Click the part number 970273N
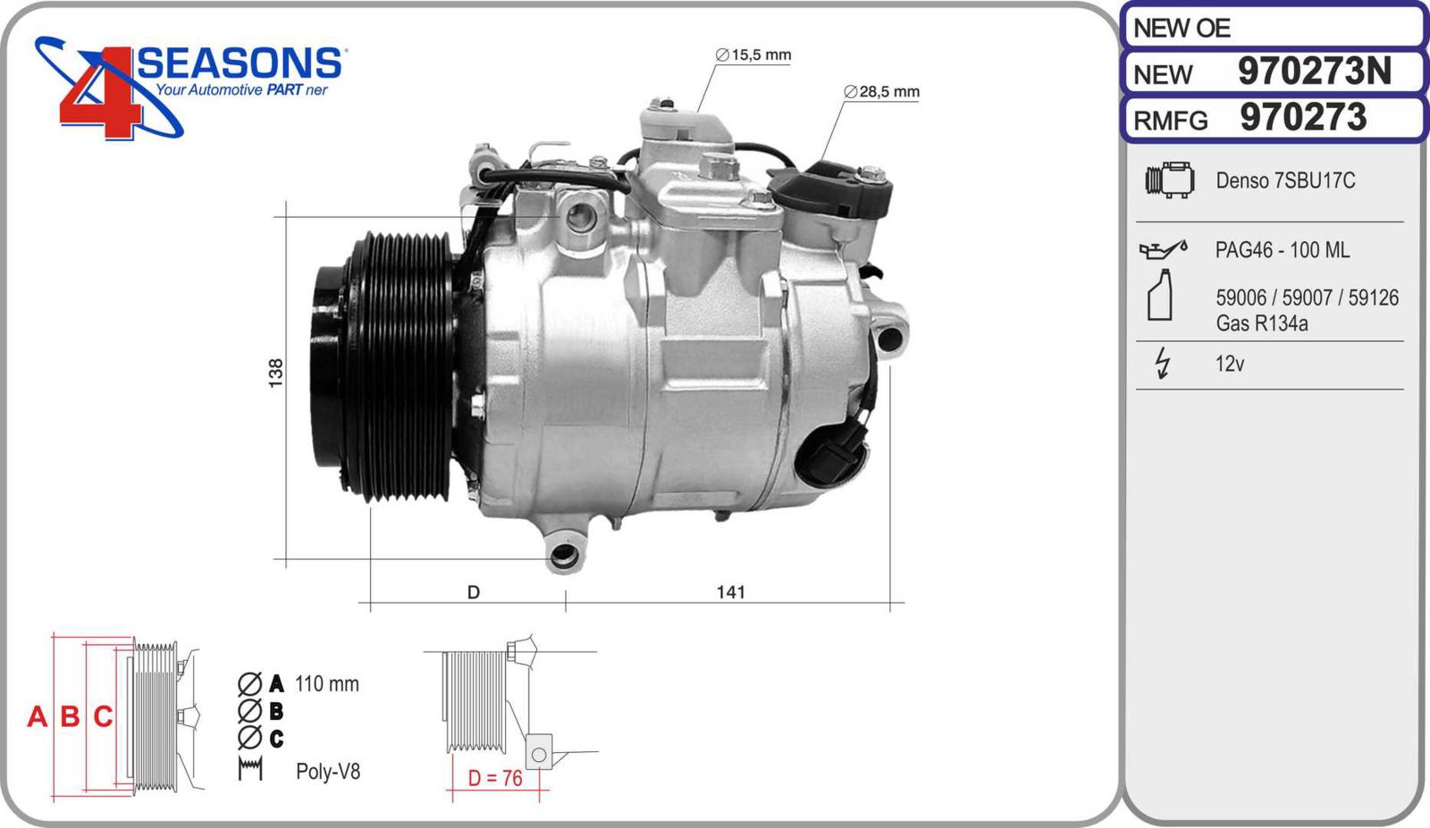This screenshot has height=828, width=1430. [1315, 71]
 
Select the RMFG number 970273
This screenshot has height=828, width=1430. [1303, 117]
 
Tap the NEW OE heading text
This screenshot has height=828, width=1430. [1182, 28]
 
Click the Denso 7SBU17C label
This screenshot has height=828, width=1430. [1285, 180]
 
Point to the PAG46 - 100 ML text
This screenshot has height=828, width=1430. [1282, 250]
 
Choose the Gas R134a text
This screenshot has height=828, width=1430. [1261, 323]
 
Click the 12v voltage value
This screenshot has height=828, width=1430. [1230, 364]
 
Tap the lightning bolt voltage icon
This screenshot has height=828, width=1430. [1163, 363]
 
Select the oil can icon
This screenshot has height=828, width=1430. [1163, 249]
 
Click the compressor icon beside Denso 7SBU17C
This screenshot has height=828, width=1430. [1170, 180]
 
